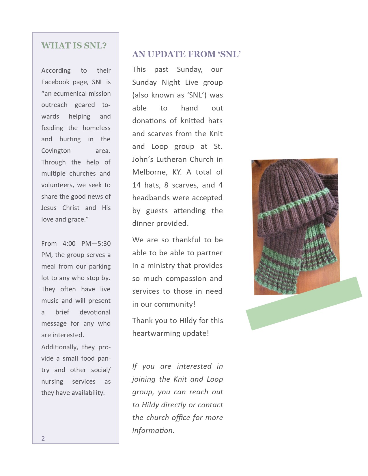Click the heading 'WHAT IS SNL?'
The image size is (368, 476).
tap(74, 46)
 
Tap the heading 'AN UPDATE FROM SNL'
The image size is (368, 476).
tap(186, 54)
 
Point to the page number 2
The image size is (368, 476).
tap(43, 438)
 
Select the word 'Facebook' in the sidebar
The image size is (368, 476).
tap(55, 82)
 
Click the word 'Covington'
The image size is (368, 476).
tap(56, 151)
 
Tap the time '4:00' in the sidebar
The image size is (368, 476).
tap(69, 244)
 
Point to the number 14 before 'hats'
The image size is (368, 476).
tap(136, 185)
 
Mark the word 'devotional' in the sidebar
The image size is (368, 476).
tap(95, 312)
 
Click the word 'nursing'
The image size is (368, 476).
tap(52, 382)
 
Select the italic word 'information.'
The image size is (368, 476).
tap(153, 431)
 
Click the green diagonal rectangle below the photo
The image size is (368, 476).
tap(304, 303)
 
